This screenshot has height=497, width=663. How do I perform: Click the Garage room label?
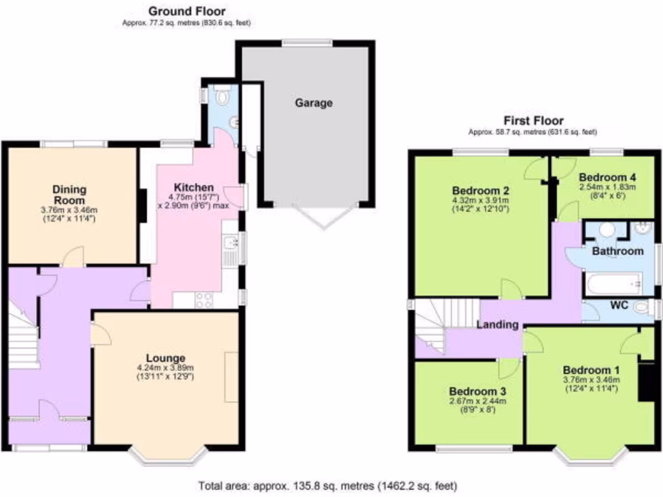[x=314, y=103]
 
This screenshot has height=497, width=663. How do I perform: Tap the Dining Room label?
[x=70, y=195]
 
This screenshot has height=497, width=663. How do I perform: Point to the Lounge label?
[x=166, y=358]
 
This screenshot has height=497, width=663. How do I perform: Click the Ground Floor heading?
[x=187, y=11]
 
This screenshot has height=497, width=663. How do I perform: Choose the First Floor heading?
[x=533, y=120]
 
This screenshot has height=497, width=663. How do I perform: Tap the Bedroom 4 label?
[x=607, y=177]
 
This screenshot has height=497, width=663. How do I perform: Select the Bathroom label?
[x=618, y=251]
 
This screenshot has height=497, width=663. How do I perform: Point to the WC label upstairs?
[x=620, y=306]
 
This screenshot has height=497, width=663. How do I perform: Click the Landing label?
[x=498, y=325]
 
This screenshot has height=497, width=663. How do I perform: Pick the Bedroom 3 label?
[x=478, y=392]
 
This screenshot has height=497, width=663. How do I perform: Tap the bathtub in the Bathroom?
[x=612, y=283]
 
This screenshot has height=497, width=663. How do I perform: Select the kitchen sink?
[x=230, y=248]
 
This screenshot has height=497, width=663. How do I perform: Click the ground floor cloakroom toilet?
[x=223, y=97]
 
